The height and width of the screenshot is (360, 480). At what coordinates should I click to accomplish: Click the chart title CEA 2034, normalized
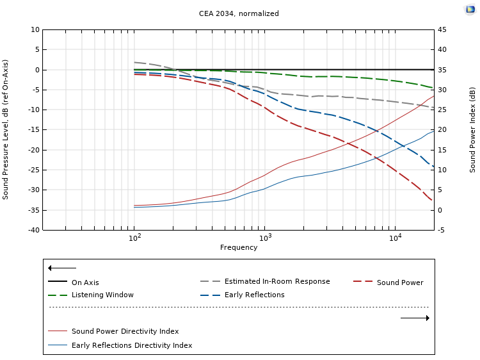(239, 13)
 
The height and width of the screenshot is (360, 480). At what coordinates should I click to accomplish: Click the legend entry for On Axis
(85, 282)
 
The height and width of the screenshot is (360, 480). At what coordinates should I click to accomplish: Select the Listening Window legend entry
(102, 295)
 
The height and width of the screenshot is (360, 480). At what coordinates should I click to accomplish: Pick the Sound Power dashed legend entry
(399, 282)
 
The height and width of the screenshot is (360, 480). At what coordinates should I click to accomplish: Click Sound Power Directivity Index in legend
(125, 331)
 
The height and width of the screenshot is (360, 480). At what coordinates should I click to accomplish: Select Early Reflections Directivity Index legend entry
(131, 345)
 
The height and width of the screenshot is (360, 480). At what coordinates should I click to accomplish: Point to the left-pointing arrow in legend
(62, 268)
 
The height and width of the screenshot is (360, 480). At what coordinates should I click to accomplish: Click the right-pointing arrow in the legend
(415, 318)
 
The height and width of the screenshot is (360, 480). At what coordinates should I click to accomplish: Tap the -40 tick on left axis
(32, 230)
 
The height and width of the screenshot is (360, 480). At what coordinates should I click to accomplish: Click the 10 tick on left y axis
(35, 29)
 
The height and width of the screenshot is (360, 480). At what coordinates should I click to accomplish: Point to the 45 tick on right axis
(442, 29)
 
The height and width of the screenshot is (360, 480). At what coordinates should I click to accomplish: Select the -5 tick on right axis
(442, 230)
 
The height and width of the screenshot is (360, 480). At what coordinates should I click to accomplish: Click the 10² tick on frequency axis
(134, 238)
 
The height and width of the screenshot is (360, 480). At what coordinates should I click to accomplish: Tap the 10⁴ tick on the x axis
(396, 238)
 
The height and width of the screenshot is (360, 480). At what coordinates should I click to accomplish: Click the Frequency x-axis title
(239, 248)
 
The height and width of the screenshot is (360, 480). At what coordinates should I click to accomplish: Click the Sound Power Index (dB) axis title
(472, 129)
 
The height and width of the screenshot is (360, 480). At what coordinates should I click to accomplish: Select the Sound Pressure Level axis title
(6, 129)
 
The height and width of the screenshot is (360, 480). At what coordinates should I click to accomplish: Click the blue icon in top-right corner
(470, 9)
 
